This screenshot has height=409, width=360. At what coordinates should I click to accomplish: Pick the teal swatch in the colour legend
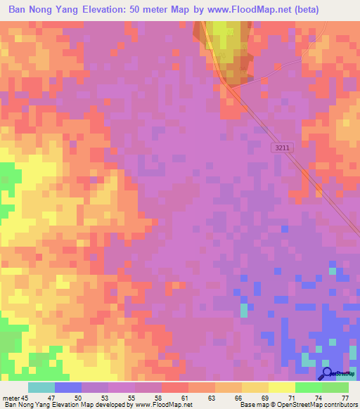[x=41, y=387]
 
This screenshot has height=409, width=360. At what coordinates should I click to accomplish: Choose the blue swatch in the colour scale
[x=68, y=387]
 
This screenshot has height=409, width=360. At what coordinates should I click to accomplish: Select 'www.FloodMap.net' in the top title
[x=252, y=10]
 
